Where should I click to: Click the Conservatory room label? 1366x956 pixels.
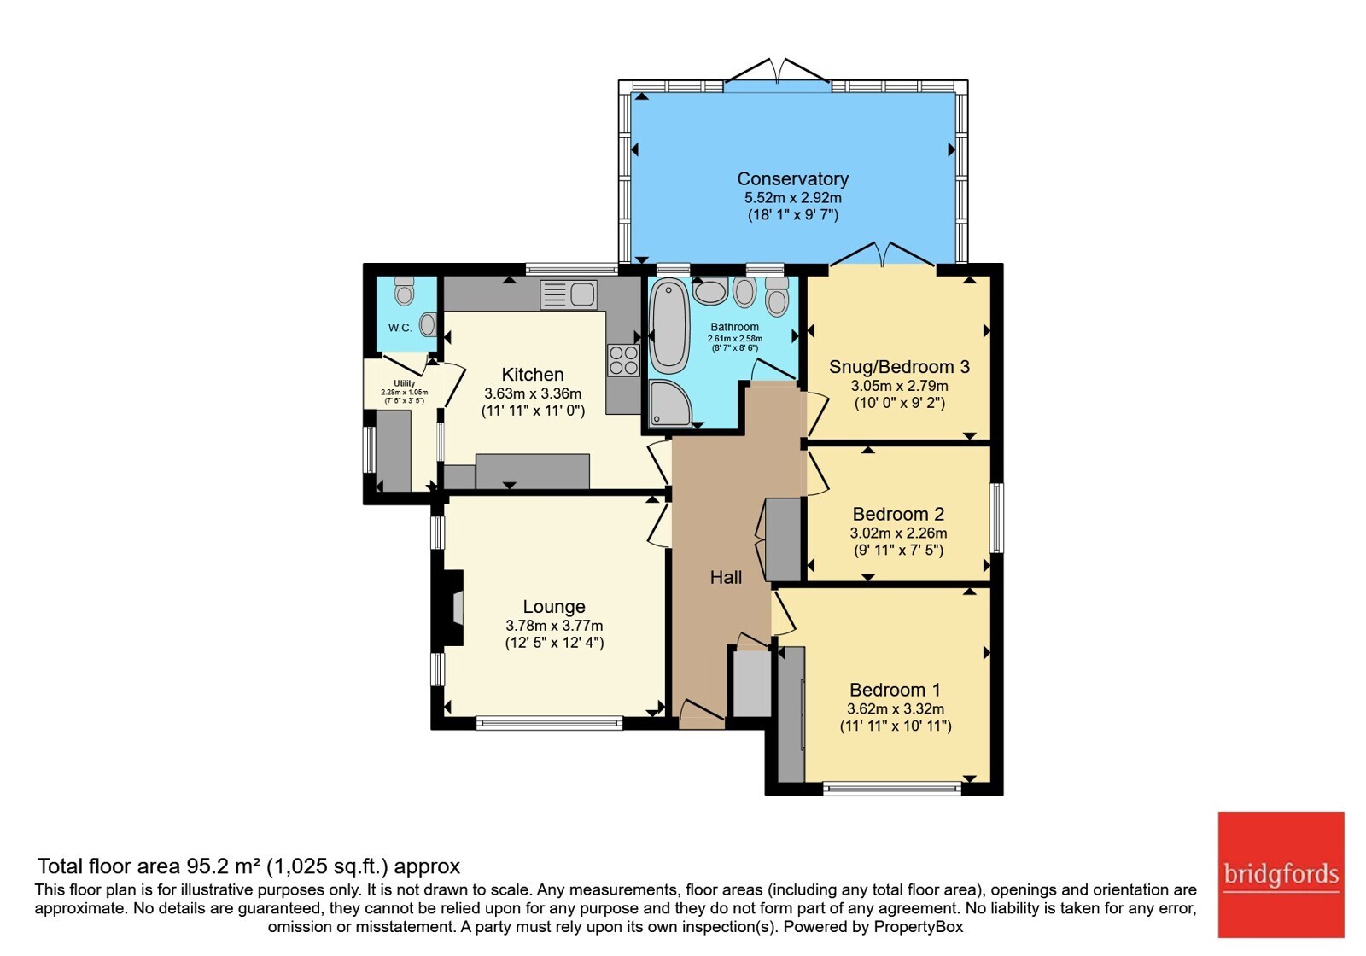click(x=793, y=178)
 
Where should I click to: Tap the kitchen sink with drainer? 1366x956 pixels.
click(x=569, y=295)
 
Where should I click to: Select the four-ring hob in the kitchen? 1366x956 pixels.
click(x=623, y=360)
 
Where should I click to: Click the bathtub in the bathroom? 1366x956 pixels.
click(x=669, y=326)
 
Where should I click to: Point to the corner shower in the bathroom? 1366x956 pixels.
click(x=669, y=403)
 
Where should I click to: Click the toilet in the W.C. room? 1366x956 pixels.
click(x=404, y=291)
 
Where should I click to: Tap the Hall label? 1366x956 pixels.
click(x=726, y=577)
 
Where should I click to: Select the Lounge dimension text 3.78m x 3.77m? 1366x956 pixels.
click(x=554, y=626)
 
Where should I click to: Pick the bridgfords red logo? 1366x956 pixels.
click(x=1281, y=874)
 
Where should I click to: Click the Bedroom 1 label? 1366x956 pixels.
click(x=895, y=691)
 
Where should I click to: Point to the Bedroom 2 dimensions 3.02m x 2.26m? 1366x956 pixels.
click(x=898, y=533)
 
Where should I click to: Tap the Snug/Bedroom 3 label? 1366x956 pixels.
click(x=899, y=367)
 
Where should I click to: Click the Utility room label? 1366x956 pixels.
click(x=405, y=383)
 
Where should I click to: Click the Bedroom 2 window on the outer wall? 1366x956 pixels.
click(x=995, y=517)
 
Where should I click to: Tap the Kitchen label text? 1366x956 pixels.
click(x=533, y=375)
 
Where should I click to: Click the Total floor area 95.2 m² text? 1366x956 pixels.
click(x=248, y=866)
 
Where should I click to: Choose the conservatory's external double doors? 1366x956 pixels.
click(x=778, y=73)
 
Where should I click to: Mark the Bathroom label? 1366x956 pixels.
click(x=734, y=328)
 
